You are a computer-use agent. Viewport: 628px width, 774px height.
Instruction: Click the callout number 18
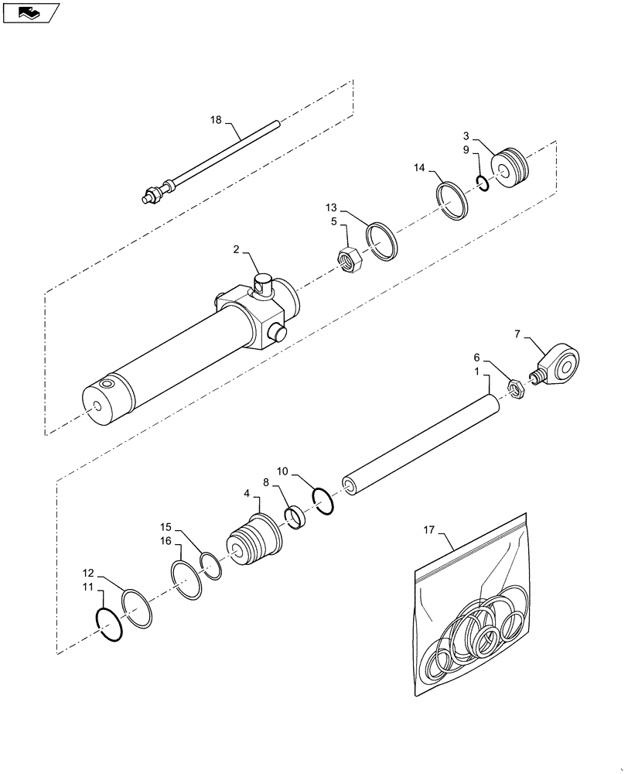(x=215, y=120)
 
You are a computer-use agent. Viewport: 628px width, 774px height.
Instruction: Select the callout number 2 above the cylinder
(x=235, y=250)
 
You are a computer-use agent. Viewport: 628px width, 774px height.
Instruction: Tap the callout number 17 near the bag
(x=429, y=530)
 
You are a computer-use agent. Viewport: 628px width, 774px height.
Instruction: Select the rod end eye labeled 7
(x=561, y=364)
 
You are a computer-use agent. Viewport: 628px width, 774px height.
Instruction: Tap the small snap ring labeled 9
(x=482, y=183)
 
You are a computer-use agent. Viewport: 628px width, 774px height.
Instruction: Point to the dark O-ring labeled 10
(x=323, y=500)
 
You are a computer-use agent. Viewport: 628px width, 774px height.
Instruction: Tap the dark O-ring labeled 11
(x=108, y=625)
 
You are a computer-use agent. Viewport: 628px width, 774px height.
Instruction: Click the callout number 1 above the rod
(x=477, y=373)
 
